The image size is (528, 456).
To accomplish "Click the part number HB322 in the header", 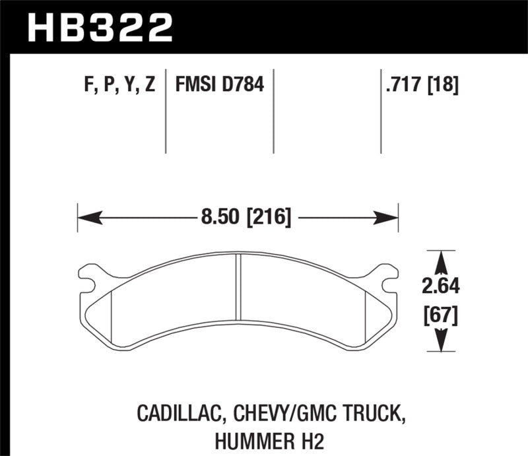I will [x=99, y=27].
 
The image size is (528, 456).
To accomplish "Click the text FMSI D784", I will [x=219, y=85].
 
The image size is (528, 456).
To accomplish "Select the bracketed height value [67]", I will [x=440, y=315].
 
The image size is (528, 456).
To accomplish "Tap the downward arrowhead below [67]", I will [x=440, y=342].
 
